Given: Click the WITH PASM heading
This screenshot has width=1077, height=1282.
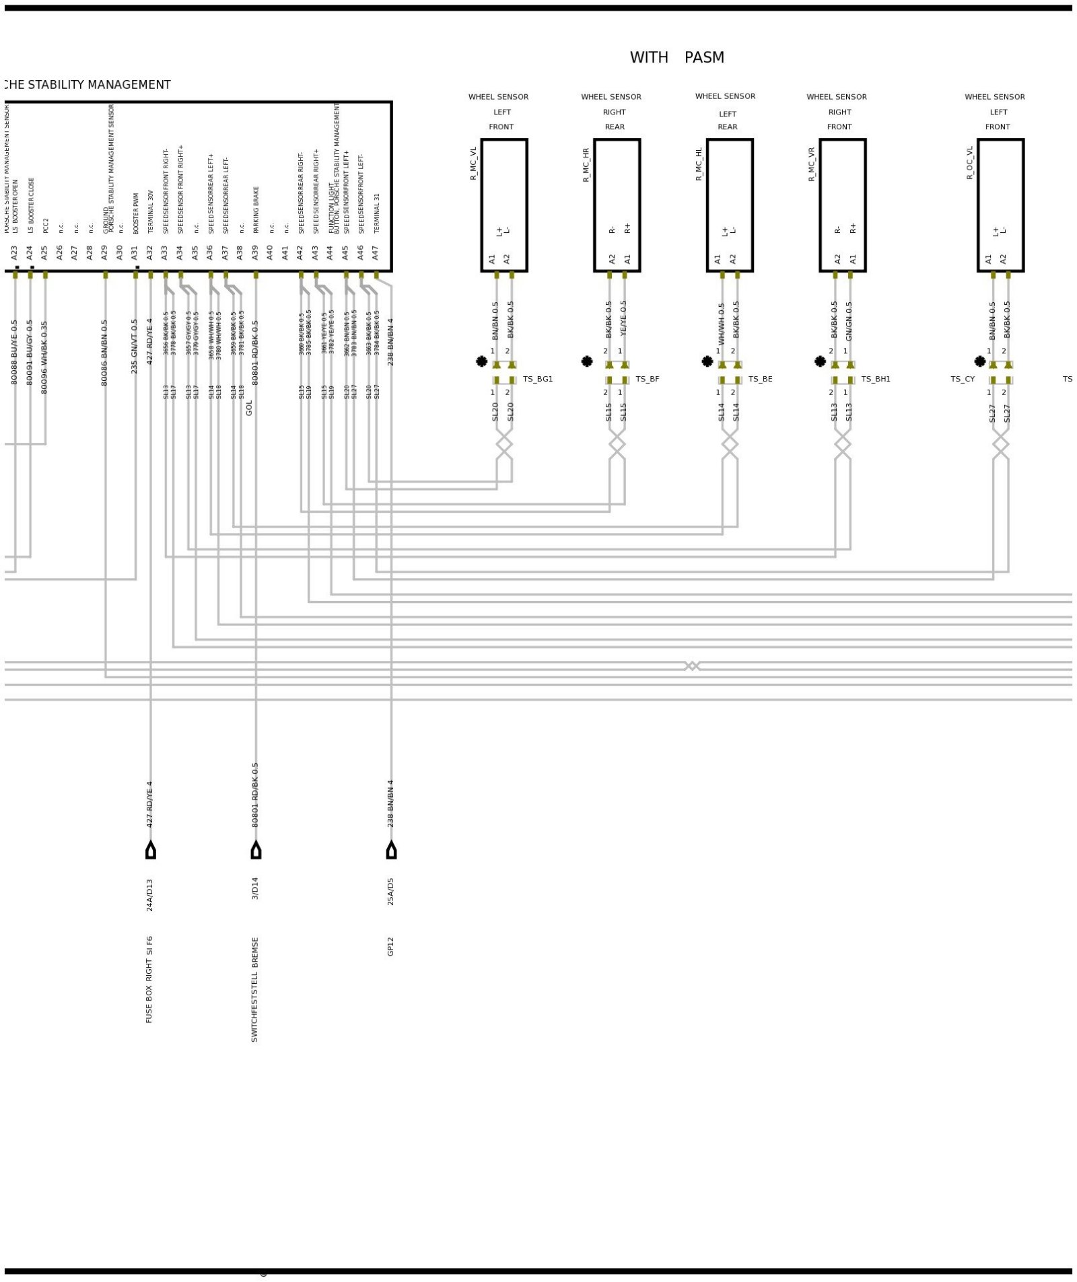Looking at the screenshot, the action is pyautogui.click(x=676, y=58).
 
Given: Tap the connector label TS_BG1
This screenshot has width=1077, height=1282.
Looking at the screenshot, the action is pyautogui.click(x=537, y=380).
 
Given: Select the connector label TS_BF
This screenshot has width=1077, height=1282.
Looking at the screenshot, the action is pyautogui.click(x=647, y=380).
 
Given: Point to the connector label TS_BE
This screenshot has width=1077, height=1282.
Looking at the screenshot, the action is pyautogui.click(x=760, y=380).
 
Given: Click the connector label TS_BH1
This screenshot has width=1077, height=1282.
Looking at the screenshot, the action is pyautogui.click(x=875, y=380).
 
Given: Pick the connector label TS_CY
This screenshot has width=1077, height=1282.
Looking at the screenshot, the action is pyautogui.click(x=962, y=380).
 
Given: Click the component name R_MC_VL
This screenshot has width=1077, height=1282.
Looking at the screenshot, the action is pyautogui.click(x=473, y=164).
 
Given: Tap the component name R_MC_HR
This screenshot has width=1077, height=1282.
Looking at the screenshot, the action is pyautogui.click(x=586, y=165).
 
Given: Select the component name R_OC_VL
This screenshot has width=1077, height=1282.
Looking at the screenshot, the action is pyautogui.click(x=970, y=163).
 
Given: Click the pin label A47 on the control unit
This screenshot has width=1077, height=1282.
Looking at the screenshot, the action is pyautogui.click(x=376, y=253).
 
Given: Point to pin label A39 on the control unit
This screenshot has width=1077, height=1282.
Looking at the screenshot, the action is pyautogui.click(x=255, y=253).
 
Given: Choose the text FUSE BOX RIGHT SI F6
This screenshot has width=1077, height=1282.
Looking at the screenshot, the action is pyautogui.click(x=149, y=979).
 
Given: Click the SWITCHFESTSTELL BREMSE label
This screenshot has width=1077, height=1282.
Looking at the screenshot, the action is pyautogui.click(x=254, y=989).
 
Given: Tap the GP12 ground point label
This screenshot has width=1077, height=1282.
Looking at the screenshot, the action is pyautogui.click(x=390, y=946).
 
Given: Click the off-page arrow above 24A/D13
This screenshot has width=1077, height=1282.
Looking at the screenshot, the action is pyautogui.click(x=150, y=850).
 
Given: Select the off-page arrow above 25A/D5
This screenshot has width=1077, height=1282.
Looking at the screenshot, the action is pyautogui.click(x=391, y=850).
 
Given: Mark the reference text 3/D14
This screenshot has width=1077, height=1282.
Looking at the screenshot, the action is pyautogui.click(x=255, y=888).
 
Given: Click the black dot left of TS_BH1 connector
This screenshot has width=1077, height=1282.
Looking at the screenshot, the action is pyautogui.click(x=820, y=361).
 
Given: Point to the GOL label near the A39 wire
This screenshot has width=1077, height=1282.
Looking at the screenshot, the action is pyautogui.click(x=249, y=408).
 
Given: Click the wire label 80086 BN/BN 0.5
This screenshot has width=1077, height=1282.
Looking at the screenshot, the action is pyautogui.click(x=104, y=353).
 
